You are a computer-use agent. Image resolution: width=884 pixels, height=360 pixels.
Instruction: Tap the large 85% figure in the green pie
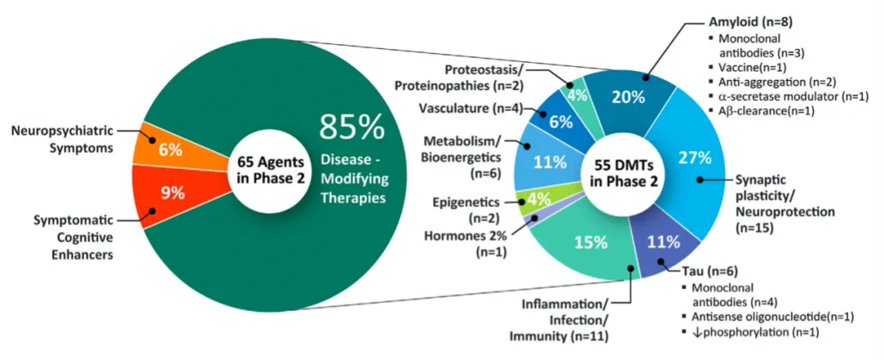pos(351,128)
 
